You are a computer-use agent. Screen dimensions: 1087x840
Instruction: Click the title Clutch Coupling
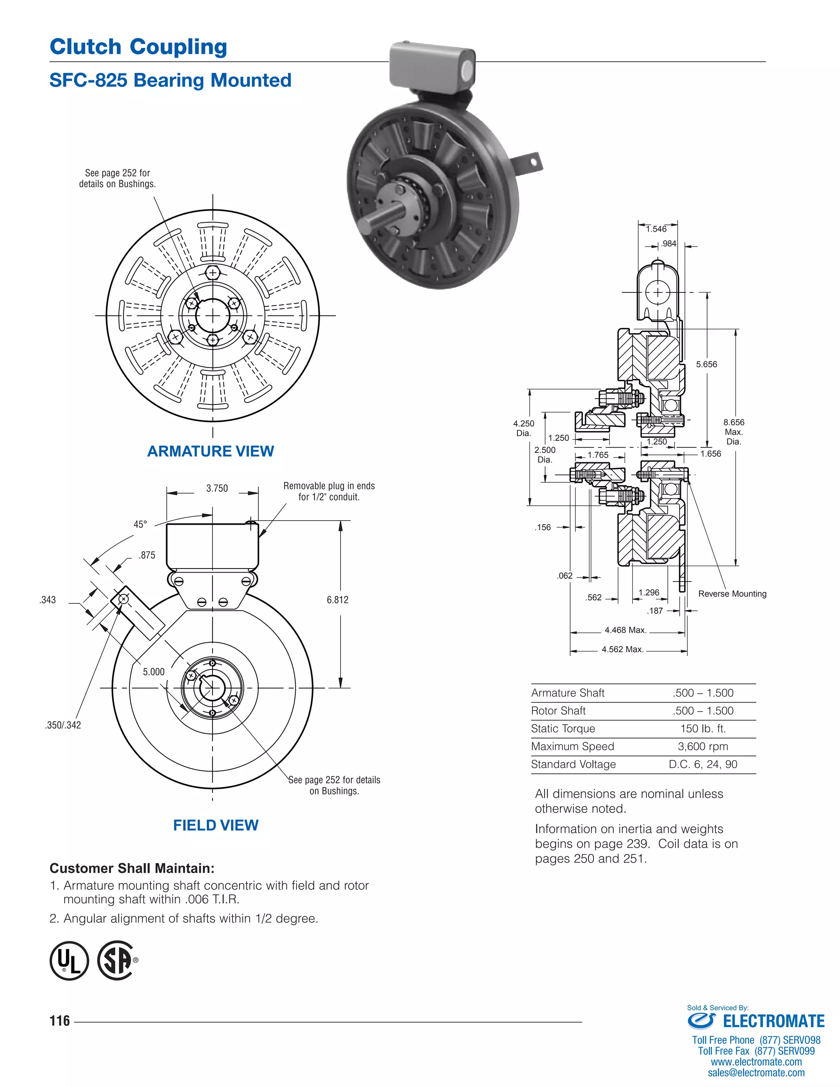click(x=138, y=47)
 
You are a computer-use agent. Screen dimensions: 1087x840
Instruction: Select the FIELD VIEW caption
click(x=215, y=825)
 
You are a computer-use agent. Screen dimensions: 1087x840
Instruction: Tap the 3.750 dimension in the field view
click(x=217, y=488)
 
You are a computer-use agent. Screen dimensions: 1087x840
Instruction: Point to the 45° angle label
click(x=140, y=524)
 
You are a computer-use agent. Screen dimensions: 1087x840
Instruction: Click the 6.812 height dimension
click(x=338, y=600)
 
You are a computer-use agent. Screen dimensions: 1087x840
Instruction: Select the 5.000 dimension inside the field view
click(x=154, y=671)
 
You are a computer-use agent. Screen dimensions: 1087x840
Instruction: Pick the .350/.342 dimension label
click(x=63, y=725)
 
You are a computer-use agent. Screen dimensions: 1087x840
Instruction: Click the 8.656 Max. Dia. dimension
click(x=733, y=432)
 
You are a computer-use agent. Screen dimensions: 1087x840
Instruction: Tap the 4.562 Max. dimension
click(x=623, y=649)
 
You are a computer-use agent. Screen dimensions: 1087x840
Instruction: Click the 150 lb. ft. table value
click(x=703, y=728)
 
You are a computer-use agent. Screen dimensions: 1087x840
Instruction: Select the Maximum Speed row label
click(x=572, y=746)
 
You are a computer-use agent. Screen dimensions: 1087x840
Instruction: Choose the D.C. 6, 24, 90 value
click(x=703, y=764)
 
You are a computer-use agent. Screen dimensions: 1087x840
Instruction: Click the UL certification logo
click(x=69, y=960)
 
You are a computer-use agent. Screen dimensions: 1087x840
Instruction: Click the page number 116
click(x=60, y=1021)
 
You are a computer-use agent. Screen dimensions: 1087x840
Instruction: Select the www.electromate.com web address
click(x=756, y=1062)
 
